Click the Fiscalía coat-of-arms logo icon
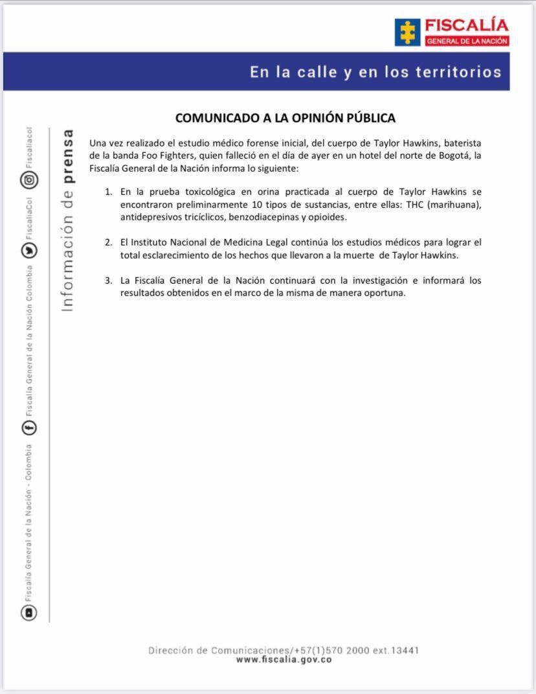pyautogui.click(x=407, y=32)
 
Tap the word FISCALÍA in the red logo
pyautogui.click(x=466, y=26)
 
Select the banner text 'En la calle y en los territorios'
pyautogui.click(x=375, y=72)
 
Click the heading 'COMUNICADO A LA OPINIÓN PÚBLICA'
pyautogui.click(x=285, y=118)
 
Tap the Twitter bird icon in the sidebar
pyautogui.click(x=30, y=250)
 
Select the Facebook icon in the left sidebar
pyautogui.click(x=30, y=428)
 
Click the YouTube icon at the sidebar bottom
pyautogui.click(x=30, y=612)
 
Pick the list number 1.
pyautogui.click(x=108, y=192)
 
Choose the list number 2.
pyautogui.click(x=108, y=242)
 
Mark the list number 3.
pyautogui.click(x=108, y=281)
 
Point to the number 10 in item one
pyautogui.click(x=256, y=205)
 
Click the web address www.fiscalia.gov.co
pyautogui.click(x=284, y=660)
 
